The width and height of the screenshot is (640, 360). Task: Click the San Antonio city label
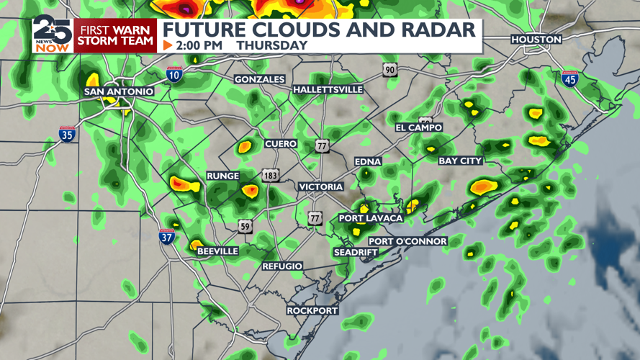coord(119,91)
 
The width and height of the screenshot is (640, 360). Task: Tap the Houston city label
coord(536,39)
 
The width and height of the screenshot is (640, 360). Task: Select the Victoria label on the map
coord(321,186)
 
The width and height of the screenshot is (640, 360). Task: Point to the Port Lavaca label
coord(371,218)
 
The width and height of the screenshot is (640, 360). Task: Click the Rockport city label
coord(312,310)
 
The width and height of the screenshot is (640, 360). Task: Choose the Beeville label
coord(217,251)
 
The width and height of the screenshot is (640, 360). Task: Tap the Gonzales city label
coord(260,79)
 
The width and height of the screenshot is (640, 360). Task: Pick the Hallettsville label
coord(328,89)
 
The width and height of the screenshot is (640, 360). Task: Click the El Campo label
coord(419,127)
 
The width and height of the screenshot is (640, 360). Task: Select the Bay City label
coord(461,161)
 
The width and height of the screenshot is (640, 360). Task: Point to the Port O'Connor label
coord(407,241)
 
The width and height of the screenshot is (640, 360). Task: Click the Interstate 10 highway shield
coord(173,73)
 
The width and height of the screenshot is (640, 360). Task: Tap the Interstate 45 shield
coord(570,78)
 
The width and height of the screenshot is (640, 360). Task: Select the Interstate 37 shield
coord(166,235)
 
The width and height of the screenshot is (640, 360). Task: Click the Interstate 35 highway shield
coord(67,133)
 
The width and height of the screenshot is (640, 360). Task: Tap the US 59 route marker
coord(245,226)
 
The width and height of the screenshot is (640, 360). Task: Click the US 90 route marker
coord(389,69)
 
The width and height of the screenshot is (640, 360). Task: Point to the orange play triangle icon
coord(168,45)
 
